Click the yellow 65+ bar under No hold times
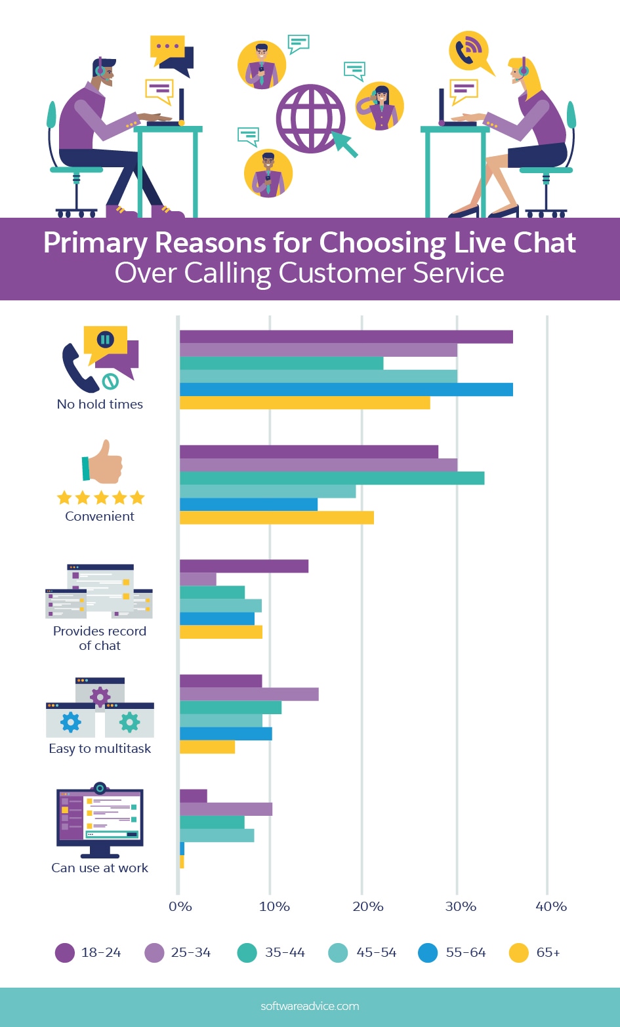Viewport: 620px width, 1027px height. click(x=304, y=403)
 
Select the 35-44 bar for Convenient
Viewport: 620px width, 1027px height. click(x=331, y=478)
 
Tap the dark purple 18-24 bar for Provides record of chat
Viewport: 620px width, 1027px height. click(x=243, y=566)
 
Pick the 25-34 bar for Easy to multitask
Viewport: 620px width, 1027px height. click(x=249, y=694)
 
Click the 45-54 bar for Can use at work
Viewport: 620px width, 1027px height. click(x=217, y=836)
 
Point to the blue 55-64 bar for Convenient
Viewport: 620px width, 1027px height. click(x=248, y=504)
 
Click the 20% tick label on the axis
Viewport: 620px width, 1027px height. click(x=367, y=906)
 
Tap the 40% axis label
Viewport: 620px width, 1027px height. click(x=550, y=906)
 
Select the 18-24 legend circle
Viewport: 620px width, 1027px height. click(x=65, y=952)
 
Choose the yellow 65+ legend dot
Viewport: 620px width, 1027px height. click(x=519, y=952)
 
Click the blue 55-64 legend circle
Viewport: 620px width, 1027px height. click(x=428, y=952)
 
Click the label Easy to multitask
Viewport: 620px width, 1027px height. click(x=100, y=748)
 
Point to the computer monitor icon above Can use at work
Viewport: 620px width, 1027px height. click(x=100, y=820)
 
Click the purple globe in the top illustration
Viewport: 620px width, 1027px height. click(x=310, y=120)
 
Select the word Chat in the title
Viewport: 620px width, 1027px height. click(x=545, y=243)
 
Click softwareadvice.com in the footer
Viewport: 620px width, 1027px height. click(x=310, y=1006)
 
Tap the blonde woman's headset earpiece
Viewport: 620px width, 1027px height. click(x=523, y=70)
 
